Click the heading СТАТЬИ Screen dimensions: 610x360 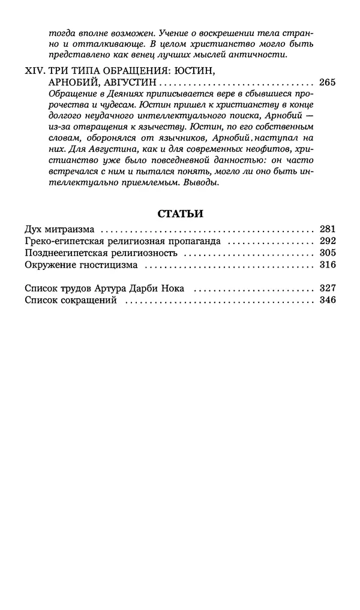[x=180, y=213]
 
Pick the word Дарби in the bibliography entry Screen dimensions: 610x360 [x=139, y=288]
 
